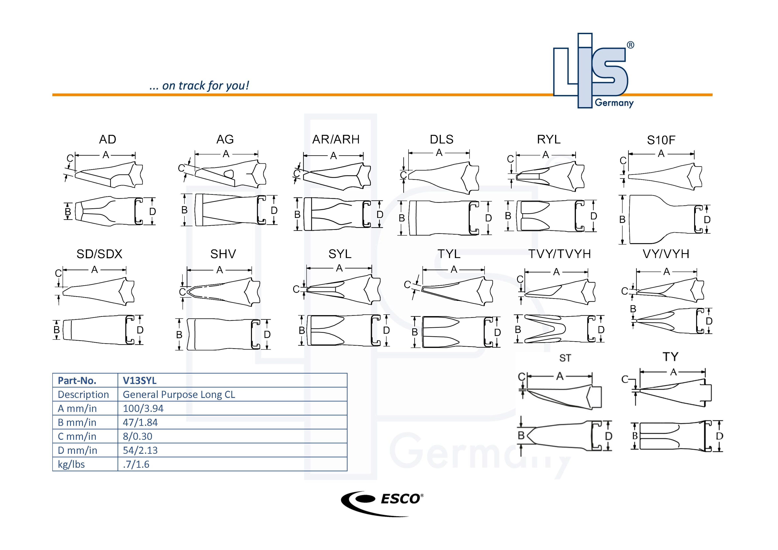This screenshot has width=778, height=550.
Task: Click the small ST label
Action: point(565,358)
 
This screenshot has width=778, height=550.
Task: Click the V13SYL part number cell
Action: point(139,381)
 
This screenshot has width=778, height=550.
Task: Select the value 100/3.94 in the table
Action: point(143,408)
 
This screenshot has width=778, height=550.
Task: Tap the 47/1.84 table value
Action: point(140,422)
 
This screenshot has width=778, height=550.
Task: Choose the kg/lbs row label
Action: point(71,464)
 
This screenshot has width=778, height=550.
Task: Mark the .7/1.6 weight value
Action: point(136,464)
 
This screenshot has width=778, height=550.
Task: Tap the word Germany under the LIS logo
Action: point(614,103)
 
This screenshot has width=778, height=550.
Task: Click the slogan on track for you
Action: point(199,86)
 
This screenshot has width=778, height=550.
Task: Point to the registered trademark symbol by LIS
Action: point(630,45)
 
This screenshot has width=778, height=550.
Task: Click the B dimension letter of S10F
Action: point(622,219)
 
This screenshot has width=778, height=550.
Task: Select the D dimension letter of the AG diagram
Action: point(274,211)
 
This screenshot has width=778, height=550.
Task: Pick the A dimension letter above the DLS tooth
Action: point(439,153)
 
